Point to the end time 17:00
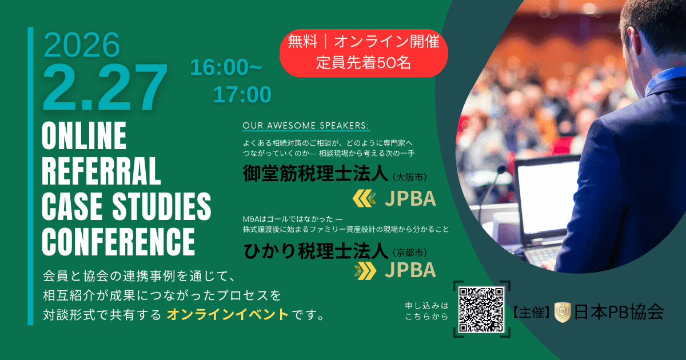[242, 94]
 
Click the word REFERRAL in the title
[102, 172]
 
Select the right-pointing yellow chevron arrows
[365, 270]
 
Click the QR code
[481, 310]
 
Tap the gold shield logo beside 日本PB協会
[563, 312]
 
